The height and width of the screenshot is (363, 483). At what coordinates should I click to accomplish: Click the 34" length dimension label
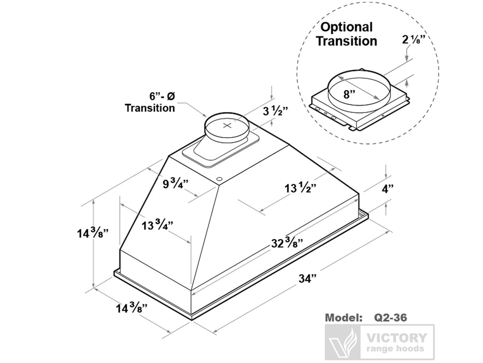(x=308, y=278)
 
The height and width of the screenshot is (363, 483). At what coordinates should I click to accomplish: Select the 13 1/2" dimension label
(x=300, y=188)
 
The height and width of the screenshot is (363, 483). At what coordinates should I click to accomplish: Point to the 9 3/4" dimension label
(x=175, y=184)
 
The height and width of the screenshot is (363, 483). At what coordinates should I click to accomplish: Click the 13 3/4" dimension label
(x=157, y=225)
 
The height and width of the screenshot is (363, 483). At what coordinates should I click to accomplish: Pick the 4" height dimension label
(x=388, y=189)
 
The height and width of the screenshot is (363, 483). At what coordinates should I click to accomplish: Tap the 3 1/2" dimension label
(x=276, y=111)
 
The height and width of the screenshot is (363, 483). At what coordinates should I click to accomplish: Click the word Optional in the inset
(x=346, y=27)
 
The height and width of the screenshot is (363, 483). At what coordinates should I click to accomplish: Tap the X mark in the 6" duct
(x=227, y=125)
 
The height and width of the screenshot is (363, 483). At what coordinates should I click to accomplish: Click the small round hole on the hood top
(x=219, y=179)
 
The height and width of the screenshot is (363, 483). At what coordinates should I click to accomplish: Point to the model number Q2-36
(x=390, y=317)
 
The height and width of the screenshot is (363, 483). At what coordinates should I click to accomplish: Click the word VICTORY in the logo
(x=397, y=338)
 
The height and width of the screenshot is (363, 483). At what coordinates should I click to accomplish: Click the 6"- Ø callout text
(x=162, y=96)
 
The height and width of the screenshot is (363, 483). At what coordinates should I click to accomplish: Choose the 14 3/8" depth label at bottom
(x=131, y=308)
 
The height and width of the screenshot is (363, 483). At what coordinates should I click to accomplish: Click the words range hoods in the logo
(x=395, y=348)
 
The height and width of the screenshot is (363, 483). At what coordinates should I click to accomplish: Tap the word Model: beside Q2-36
(x=343, y=317)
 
